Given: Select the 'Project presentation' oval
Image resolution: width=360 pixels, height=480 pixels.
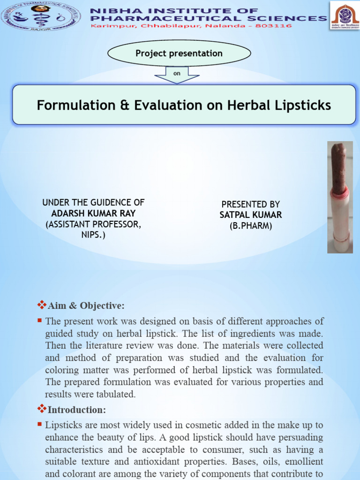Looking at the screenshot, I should point(179,53).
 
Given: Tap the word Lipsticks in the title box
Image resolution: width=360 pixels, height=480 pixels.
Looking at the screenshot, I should point(303,105).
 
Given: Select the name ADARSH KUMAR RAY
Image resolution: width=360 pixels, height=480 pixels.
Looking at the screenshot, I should point(93,213).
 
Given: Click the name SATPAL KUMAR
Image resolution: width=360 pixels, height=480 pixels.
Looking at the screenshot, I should point(251,215).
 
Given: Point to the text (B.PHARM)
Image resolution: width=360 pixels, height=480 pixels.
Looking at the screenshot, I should point(251,225).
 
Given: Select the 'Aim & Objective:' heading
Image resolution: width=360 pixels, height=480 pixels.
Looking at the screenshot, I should point(86,306).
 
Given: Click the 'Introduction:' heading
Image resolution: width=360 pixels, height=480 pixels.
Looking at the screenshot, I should point(77,410).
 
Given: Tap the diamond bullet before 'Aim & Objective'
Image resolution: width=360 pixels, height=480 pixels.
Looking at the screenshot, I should point(41,306).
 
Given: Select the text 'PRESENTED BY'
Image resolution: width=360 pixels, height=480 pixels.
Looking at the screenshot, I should point(251,204).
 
